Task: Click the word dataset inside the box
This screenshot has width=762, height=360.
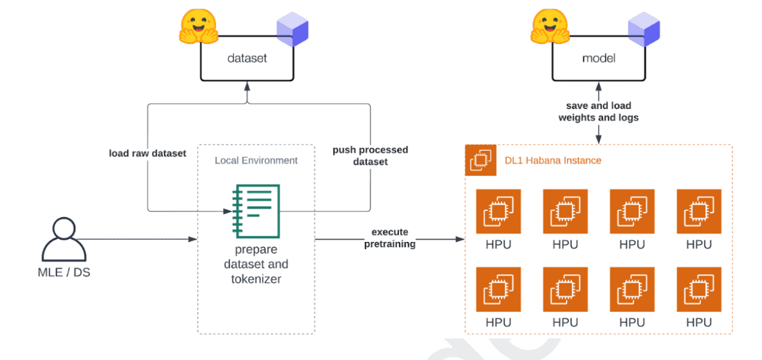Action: pyautogui.click(x=247, y=59)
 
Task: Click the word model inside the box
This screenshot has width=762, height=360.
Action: pyautogui.click(x=598, y=59)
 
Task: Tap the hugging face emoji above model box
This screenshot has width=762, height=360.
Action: pyautogui.click(x=549, y=27)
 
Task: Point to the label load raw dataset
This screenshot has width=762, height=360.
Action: pyautogui.click(x=147, y=153)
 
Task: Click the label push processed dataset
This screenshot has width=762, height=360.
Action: pyautogui.click(x=370, y=156)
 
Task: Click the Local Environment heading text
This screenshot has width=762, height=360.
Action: pyautogui.click(x=256, y=160)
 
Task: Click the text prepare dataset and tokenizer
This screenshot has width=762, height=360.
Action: pyautogui.click(x=256, y=264)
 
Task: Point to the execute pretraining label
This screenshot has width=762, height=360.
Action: pyautogui.click(x=390, y=238)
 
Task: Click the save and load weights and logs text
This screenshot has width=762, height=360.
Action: pyautogui.click(x=598, y=112)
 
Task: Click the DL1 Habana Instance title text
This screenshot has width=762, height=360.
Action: pyautogui.click(x=552, y=160)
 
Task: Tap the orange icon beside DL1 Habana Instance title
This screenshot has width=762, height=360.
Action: pyautogui.click(x=478, y=161)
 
